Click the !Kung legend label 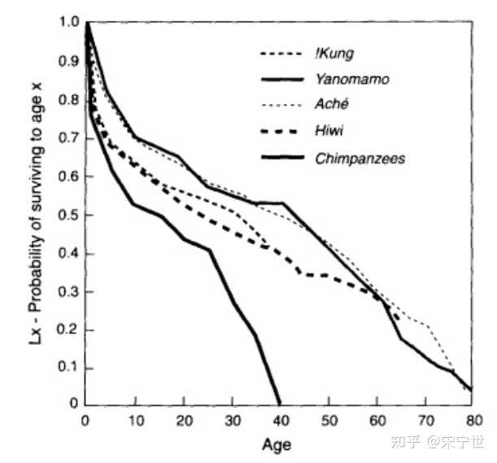[334, 54]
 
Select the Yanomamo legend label [352, 79]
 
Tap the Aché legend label [332, 104]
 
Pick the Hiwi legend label [329, 131]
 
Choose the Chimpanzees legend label [360, 159]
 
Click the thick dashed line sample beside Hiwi [279, 131]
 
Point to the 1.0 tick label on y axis [68, 22]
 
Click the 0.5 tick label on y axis [68, 215]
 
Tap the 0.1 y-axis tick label [68, 367]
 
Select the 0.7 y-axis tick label [68, 138]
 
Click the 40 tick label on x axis [281, 421]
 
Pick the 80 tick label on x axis [474, 421]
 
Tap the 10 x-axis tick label [137, 421]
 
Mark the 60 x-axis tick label [377, 421]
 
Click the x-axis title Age [277, 445]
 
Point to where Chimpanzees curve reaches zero [280, 404]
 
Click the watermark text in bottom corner [438, 441]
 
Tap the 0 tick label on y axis [73, 403]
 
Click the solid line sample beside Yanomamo [281, 79]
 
